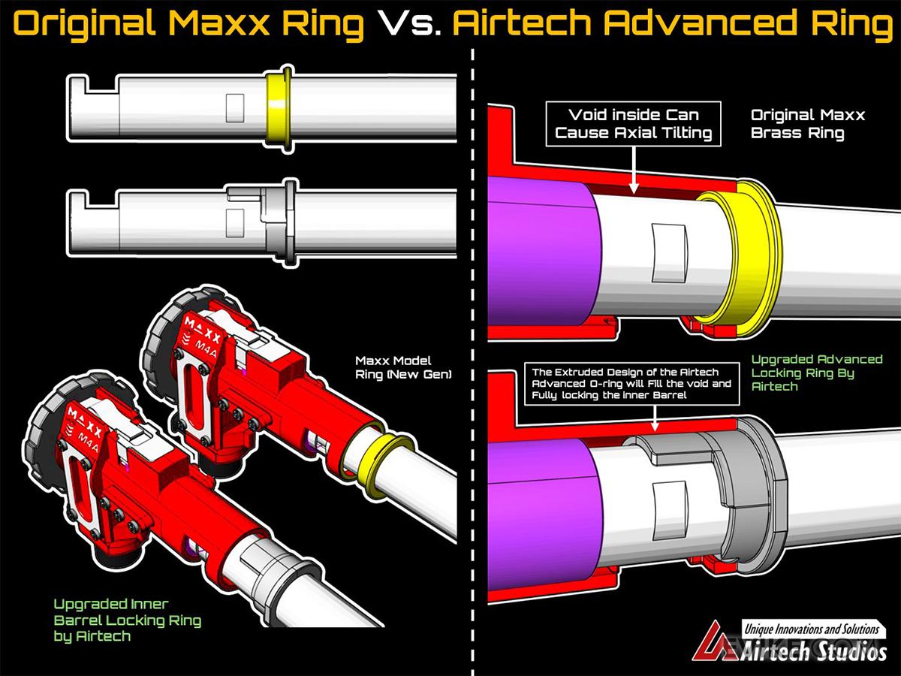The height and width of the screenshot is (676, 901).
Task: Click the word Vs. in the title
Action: [409, 25]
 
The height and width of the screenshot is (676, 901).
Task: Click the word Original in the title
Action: [83, 25]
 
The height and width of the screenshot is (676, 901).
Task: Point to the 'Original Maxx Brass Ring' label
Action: [808, 124]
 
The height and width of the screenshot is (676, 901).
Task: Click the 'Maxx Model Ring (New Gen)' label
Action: [404, 367]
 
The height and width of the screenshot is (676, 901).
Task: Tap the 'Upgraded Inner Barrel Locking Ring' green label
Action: [128, 620]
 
